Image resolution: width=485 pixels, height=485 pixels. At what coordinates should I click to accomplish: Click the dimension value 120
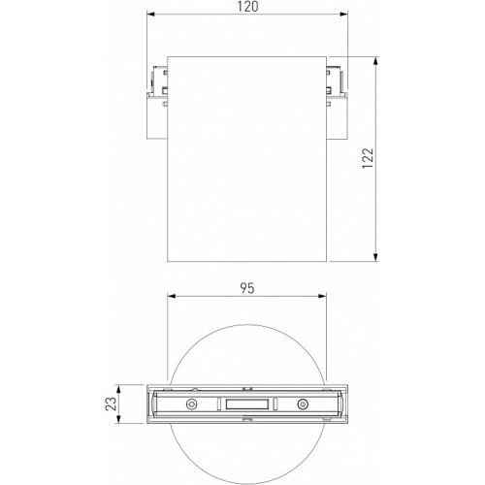(x=248, y=7)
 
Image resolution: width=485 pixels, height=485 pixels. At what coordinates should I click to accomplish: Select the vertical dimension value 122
(x=368, y=158)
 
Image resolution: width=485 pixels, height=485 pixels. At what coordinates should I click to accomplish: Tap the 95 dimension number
(x=247, y=288)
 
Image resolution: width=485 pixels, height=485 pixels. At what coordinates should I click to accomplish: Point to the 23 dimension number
(x=111, y=404)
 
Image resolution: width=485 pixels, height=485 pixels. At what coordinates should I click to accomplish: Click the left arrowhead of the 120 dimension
(x=152, y=15)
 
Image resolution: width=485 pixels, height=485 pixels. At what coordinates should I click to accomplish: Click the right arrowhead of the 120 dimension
(x=342, y=15)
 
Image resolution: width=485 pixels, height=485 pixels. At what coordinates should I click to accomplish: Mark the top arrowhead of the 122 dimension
(x=375, y=62)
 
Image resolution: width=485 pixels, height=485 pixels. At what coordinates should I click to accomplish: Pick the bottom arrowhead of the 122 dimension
(x=375, y=256)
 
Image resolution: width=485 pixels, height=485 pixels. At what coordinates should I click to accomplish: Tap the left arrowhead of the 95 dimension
(x=173, y=296)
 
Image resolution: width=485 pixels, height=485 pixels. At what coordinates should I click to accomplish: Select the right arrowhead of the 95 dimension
(x=321, y=296)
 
